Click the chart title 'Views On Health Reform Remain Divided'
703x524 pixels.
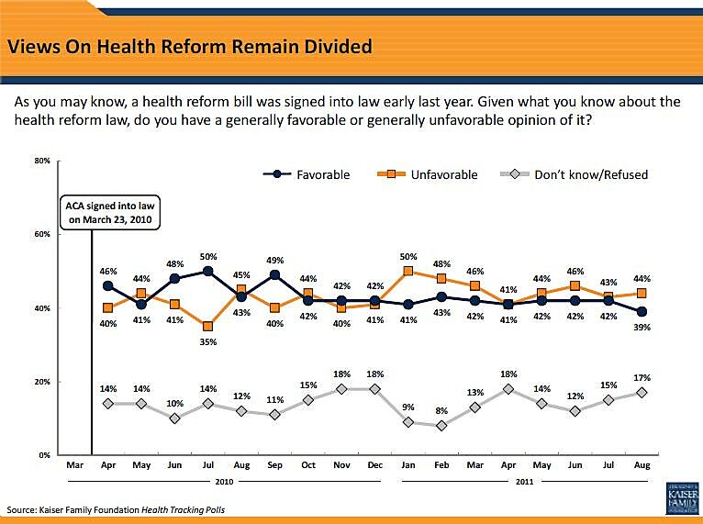point(190,45)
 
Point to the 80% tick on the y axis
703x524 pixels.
point(42,161)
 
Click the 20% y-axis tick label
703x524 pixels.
point(42,382)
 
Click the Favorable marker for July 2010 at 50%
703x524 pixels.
point(208,271)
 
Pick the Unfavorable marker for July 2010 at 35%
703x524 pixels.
point(208,326)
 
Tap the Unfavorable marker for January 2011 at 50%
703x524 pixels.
point(407,271)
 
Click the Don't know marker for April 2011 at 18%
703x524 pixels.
point(508,389)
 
